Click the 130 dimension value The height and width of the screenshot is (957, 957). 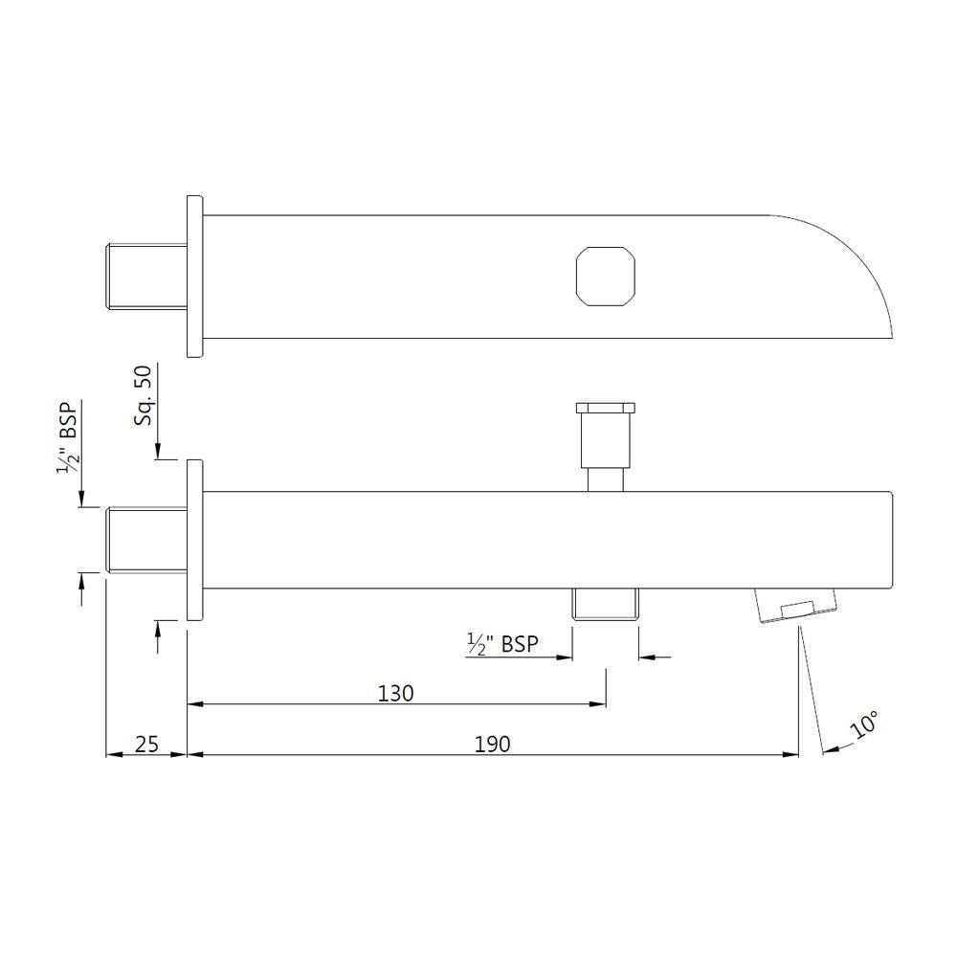click(395, 693)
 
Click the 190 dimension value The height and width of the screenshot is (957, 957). click(493, 744)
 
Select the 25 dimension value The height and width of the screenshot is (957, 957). click(146, 744)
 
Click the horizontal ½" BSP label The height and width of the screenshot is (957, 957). click(501, 644)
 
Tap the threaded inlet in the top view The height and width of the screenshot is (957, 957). click(145, 277)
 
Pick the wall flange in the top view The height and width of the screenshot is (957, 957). click(194, 277)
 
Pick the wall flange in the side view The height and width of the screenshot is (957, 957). click(194, 540)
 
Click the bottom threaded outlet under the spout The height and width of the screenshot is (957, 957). click(605, 605)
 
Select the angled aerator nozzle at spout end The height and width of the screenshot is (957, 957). click(793, 607)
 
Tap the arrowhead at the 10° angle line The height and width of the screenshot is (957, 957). click(829, 749)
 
